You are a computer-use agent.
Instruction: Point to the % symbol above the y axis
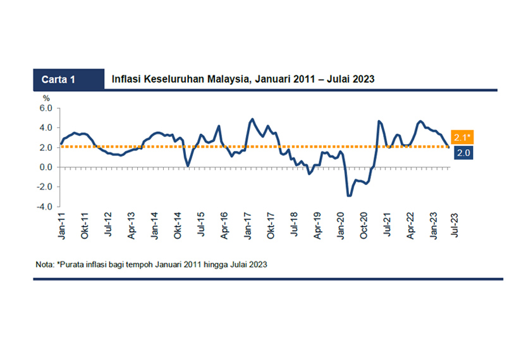(x=46, y=99)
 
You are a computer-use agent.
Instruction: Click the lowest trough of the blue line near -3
(x=349, y=196)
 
